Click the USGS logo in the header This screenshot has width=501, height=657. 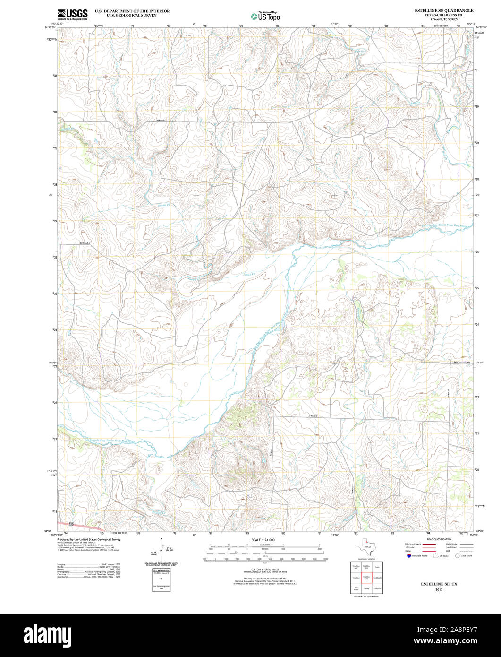point(72,15)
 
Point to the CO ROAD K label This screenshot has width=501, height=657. point(162,121)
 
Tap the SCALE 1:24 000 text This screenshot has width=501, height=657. point(263,540)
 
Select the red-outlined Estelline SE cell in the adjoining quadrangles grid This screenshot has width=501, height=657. point(366,577)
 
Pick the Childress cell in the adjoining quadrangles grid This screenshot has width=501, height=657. point(377,588)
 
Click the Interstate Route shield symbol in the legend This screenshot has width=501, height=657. point(408,556)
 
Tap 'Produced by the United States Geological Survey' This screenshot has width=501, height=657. point(89,539)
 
